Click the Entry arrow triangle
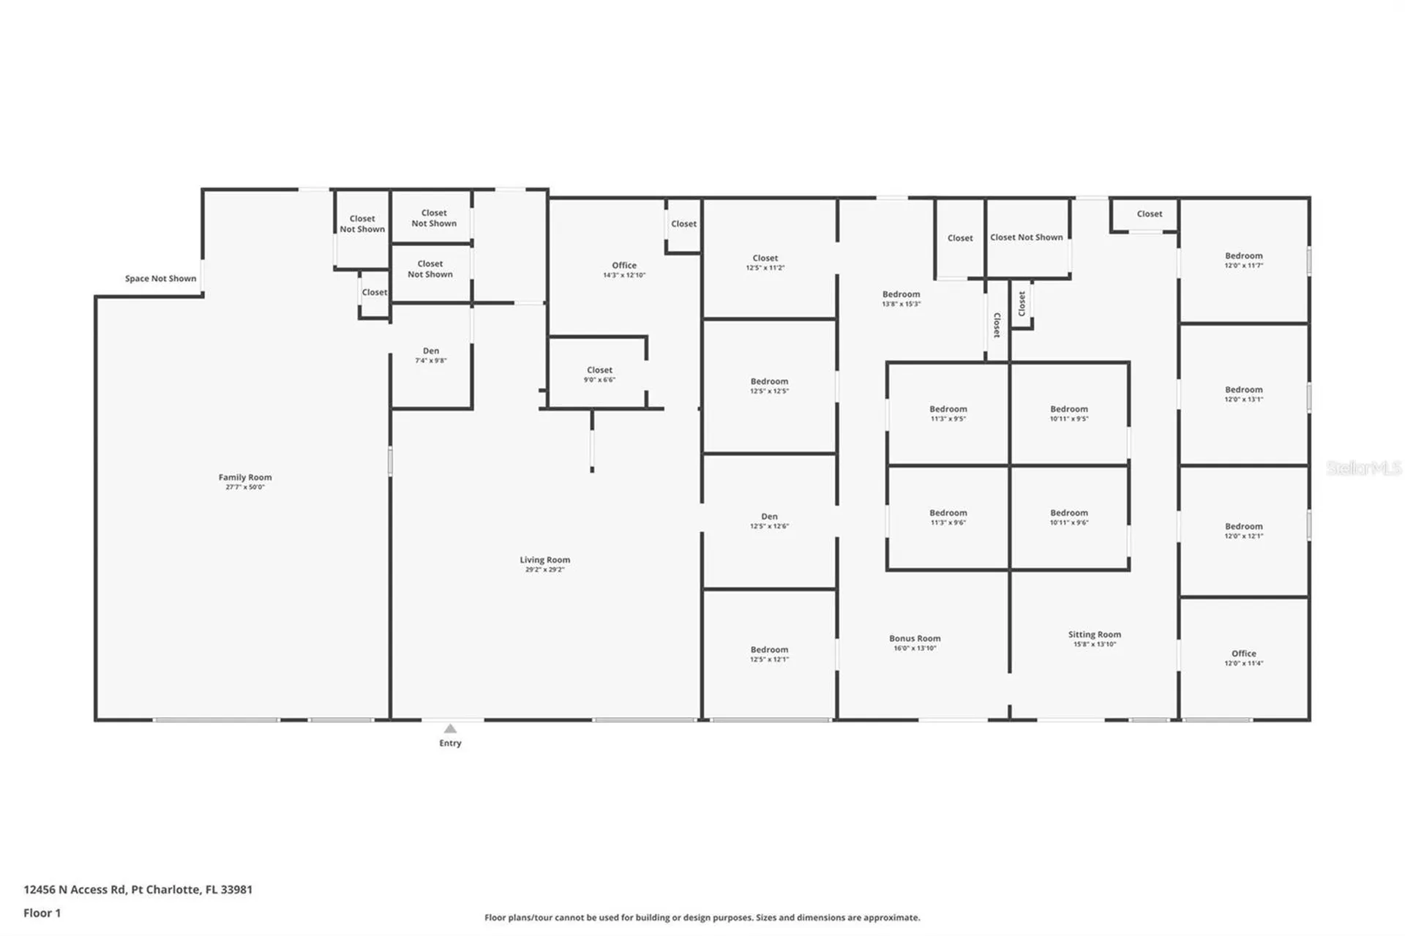coord(450,728)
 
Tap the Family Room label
coord(244,477)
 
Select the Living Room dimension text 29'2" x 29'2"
coord(544,569)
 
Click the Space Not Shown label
coord(160,278)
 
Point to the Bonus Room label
coord(915,638)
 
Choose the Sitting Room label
coord(1094,634)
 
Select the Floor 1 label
coord(42,913)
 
